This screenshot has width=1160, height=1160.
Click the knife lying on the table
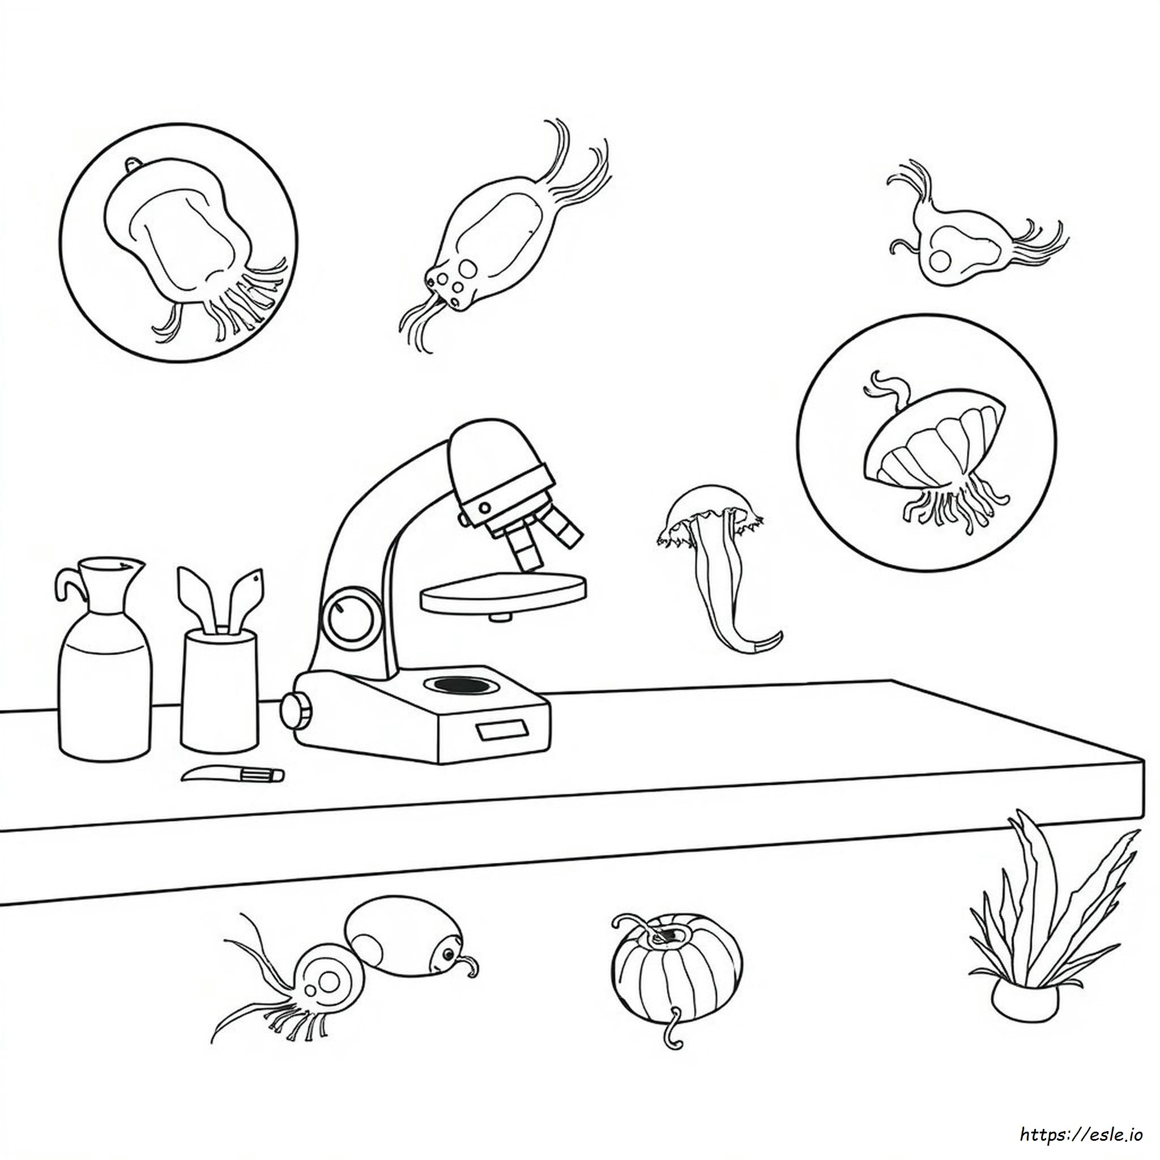pos(232,774)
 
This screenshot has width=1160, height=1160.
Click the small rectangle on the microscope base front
pos(502,730)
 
